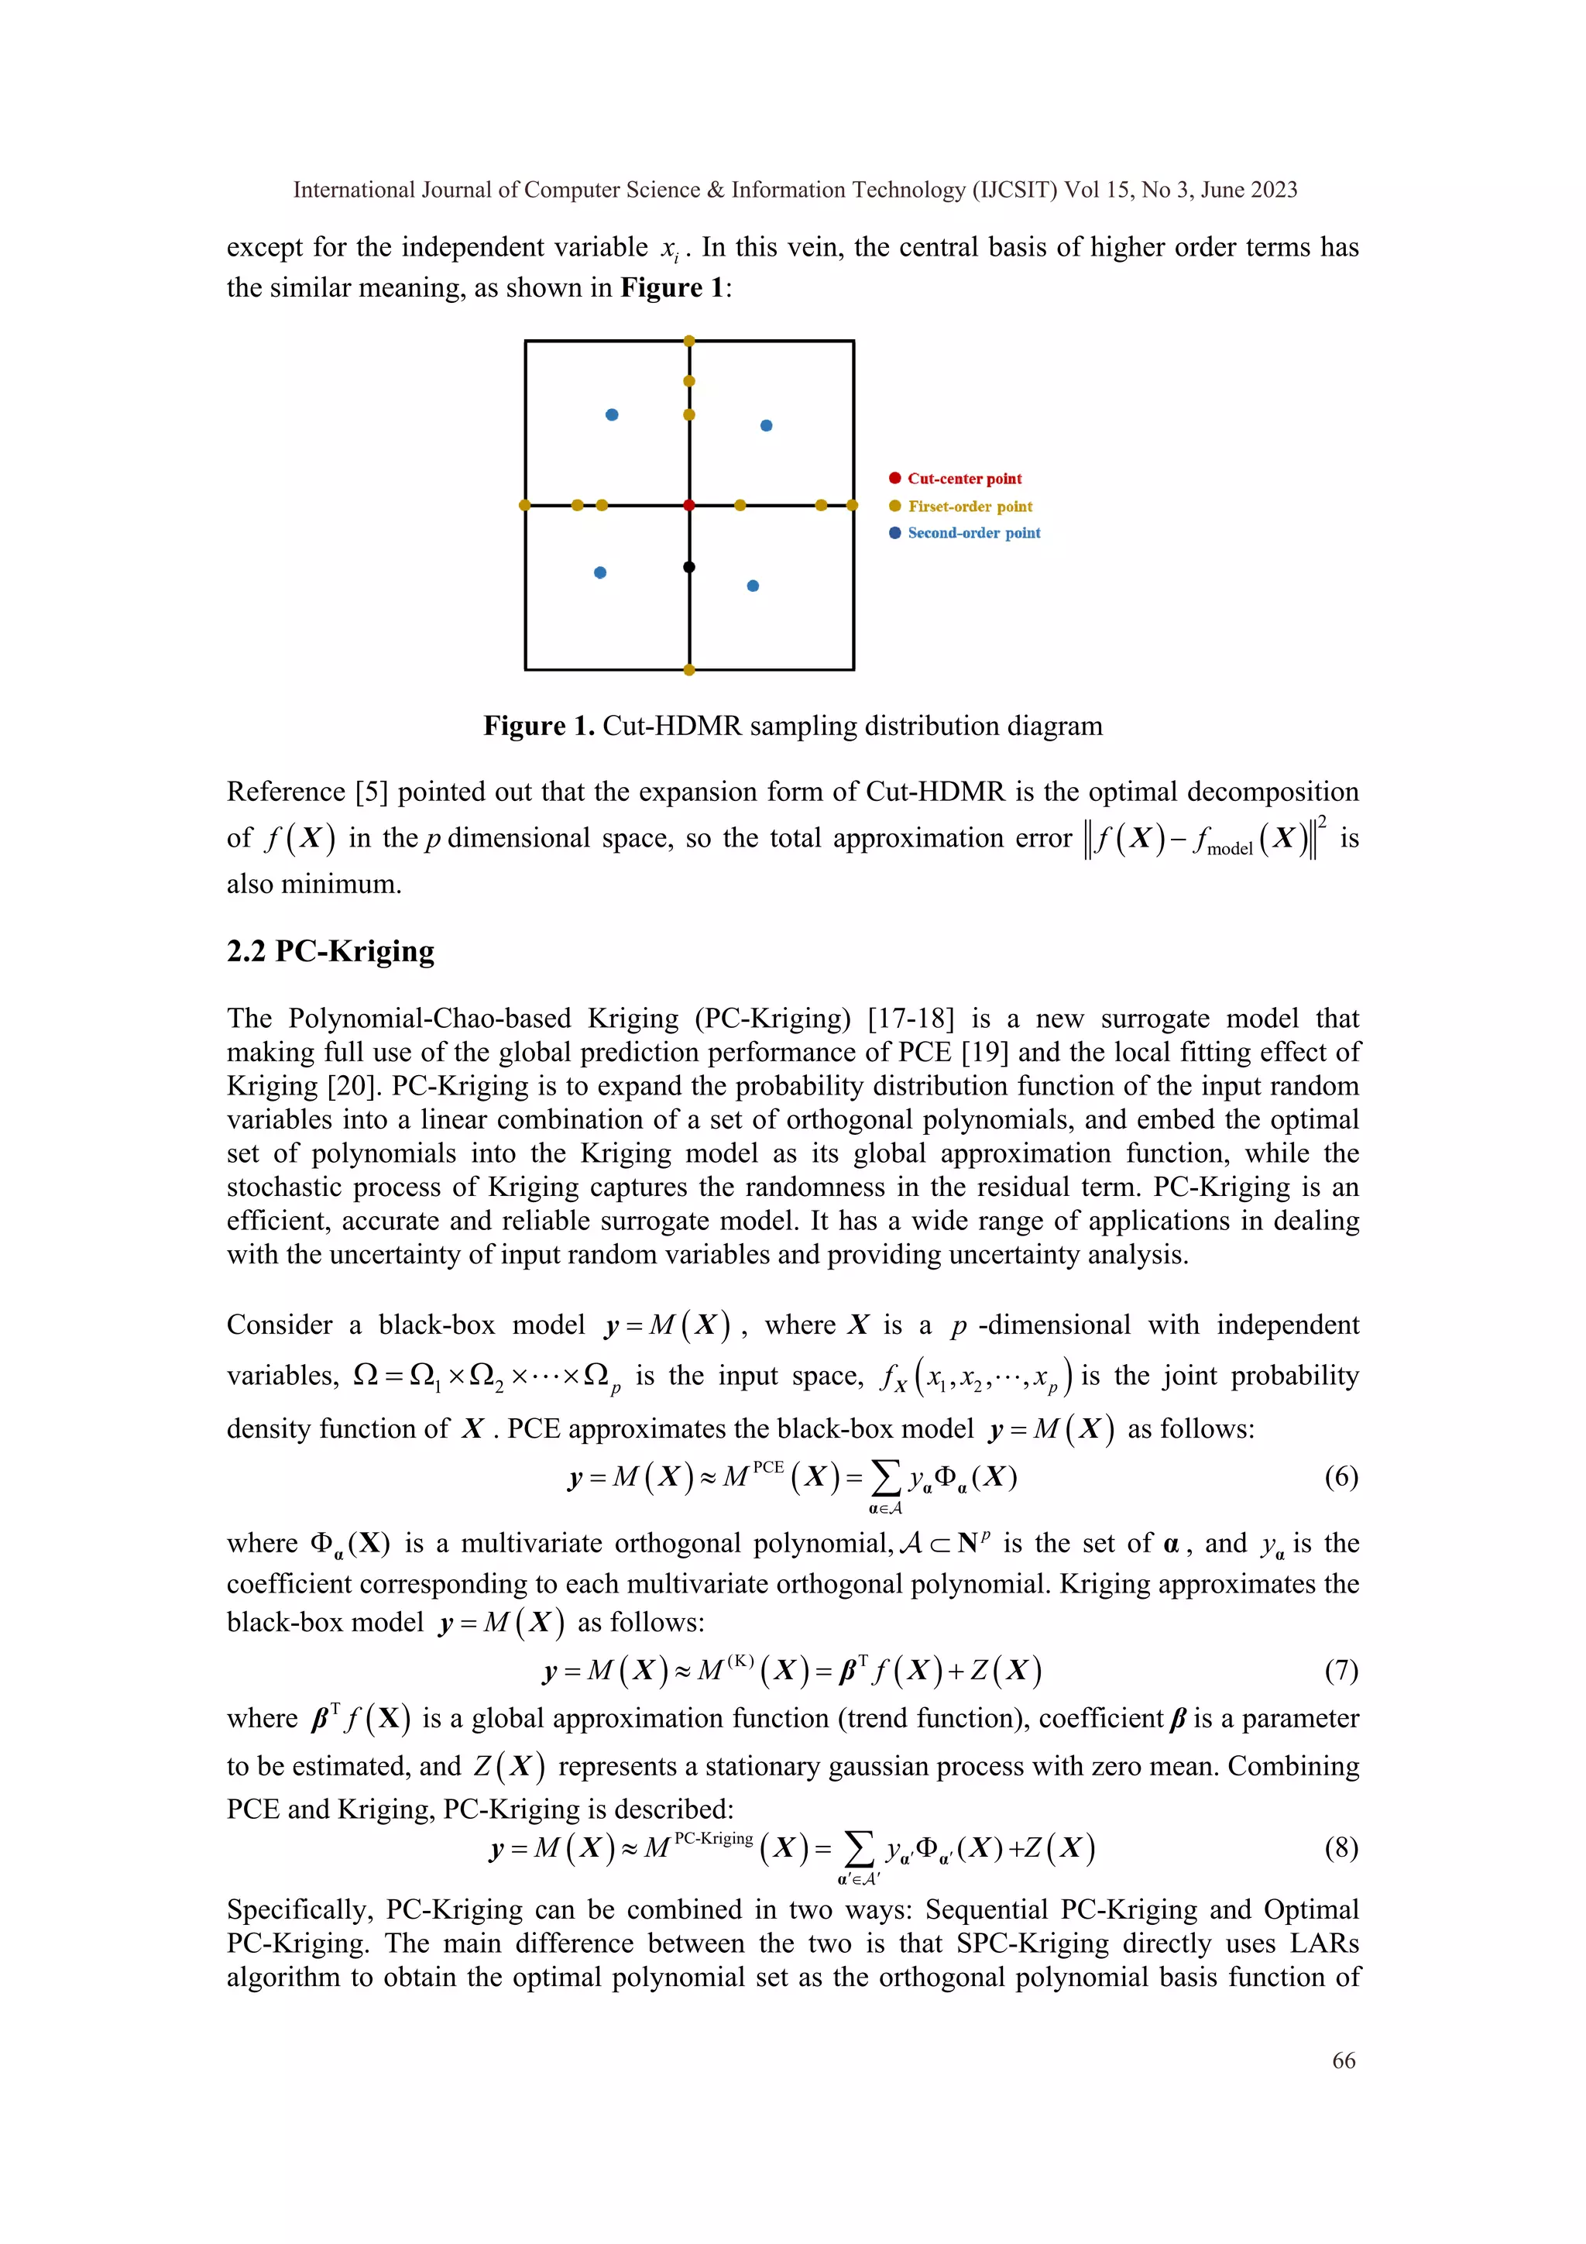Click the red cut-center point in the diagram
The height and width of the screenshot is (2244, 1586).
[x=689, y=505]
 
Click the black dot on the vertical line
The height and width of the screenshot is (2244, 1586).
[x=689, y=567]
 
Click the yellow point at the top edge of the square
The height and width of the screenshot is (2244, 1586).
[x=689, y=341]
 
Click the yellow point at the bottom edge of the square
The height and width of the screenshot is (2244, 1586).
[x=689, y=669]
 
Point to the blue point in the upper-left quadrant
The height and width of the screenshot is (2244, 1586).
[x=612, y=414]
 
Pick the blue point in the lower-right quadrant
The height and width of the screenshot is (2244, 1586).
[x=753, y=586]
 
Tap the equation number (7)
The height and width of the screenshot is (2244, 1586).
[x=1341, y=1669]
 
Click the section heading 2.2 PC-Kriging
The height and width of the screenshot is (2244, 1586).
[x=331, y=951]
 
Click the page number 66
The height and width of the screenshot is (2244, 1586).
[x=1344, y=2060]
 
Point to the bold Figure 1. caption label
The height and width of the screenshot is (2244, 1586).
[x=538, y=726]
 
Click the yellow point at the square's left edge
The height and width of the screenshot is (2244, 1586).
[x=525, y=505]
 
